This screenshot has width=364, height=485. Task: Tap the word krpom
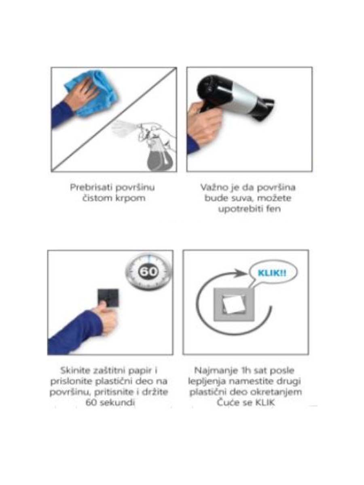(x=130, y=198)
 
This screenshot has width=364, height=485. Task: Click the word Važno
(x=211, y=188)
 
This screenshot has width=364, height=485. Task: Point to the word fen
(x=273, y=209)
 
